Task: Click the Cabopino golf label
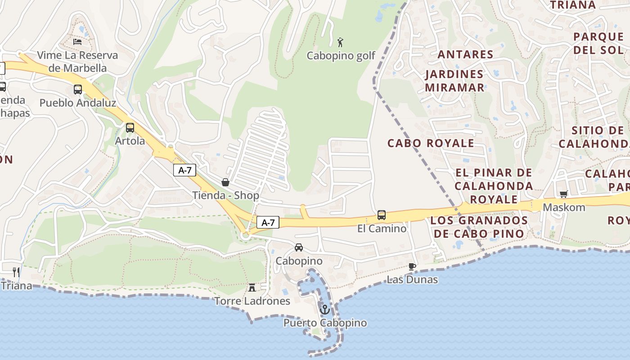(x=341, y=56)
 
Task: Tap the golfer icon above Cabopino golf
(x=341, y=42)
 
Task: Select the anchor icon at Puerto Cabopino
(x=324, y=310)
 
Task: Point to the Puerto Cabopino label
(x=325, y=323)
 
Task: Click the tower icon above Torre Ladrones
(x=252, y=287)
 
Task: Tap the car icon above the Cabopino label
(x=299, y=247)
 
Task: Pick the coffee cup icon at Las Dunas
(x=412, y=266)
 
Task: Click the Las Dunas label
(x=412, y=279)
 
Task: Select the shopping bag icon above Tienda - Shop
(x=225, y=182)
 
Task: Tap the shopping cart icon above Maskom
(x=563, y=194)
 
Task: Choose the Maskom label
(x=564, y=207)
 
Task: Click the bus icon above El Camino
(x=382, y=215)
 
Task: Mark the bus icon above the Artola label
(x=130, y=128)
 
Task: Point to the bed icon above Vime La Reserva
(x=77, y=42)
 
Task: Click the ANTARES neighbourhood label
(x=466, y=54)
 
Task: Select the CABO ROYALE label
(x=431, y=143)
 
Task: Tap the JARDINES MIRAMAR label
(x=454, y=81)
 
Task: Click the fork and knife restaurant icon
(x=16, y=272)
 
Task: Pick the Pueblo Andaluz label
(x=78, y=103)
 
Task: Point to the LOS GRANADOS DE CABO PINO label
(x=479, y=227)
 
